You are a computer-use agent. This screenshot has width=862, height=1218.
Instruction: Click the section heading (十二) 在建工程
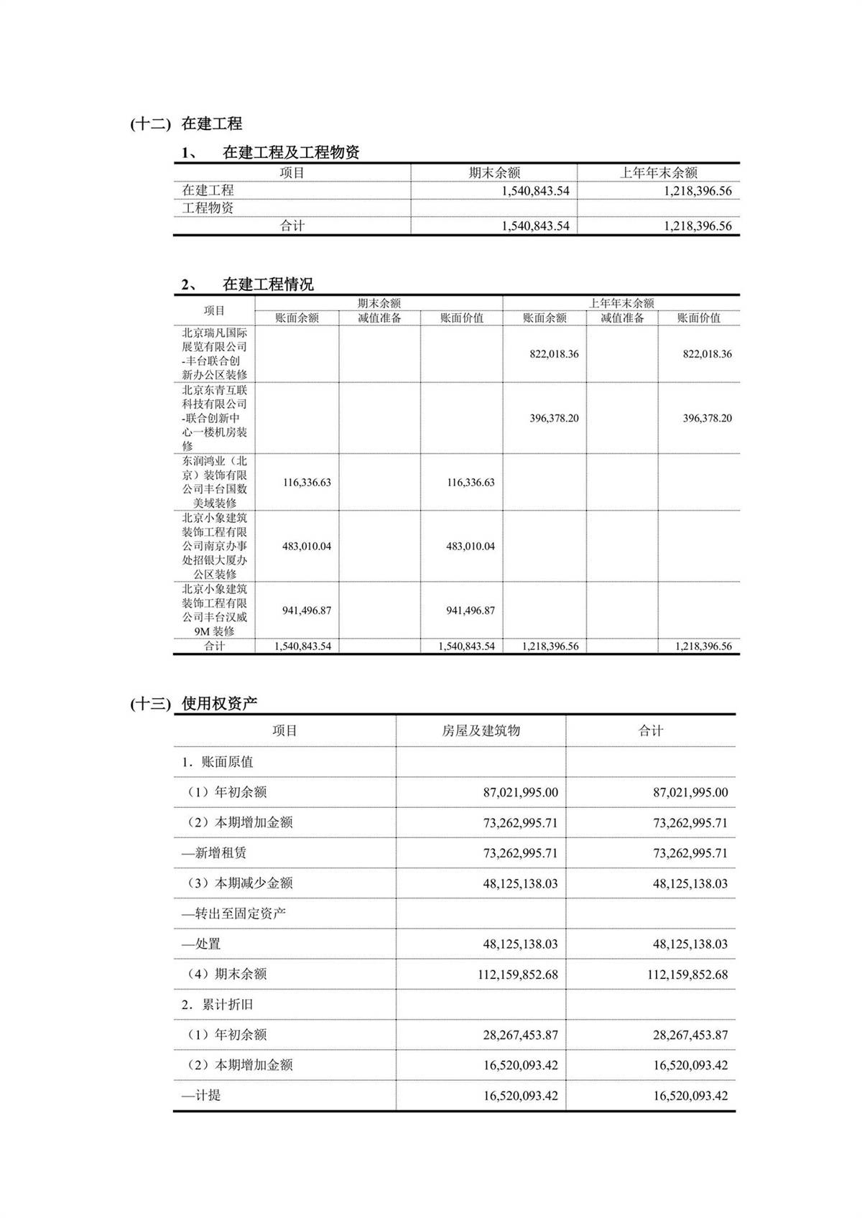[x=187, y=124]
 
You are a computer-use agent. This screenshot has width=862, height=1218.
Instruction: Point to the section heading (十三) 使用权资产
[x=194, y=704]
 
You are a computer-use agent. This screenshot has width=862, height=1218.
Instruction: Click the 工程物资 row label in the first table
[x=208, y=208]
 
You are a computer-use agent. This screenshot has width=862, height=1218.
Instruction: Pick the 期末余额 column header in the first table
[x=494, y=172]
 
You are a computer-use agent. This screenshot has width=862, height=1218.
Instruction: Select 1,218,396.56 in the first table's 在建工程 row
[x=698, y=190]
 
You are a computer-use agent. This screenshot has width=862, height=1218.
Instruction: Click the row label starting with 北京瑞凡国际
[x=214, y=354]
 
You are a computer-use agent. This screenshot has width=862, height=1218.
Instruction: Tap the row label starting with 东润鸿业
[x=214, y=482]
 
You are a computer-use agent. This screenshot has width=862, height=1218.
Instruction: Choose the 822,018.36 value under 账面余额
[x=554, y=354]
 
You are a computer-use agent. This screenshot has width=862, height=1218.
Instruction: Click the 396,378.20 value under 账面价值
[x=707, y=418]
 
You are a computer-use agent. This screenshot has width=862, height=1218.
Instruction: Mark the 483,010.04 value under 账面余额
[x=307, y=547]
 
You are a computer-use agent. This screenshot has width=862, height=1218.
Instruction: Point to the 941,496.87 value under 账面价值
[x=471, y=610]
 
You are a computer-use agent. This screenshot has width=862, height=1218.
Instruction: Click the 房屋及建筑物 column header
[x=481, y=731]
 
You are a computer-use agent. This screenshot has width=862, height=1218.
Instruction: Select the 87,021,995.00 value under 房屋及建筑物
[x=520, y=793]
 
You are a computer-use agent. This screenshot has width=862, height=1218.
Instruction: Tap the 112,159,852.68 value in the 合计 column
[x=687, y=975]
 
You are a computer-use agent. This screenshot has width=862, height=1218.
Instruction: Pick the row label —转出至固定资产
[x=233, y=913]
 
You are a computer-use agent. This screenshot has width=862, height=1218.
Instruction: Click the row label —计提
[x=201, y=1096]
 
